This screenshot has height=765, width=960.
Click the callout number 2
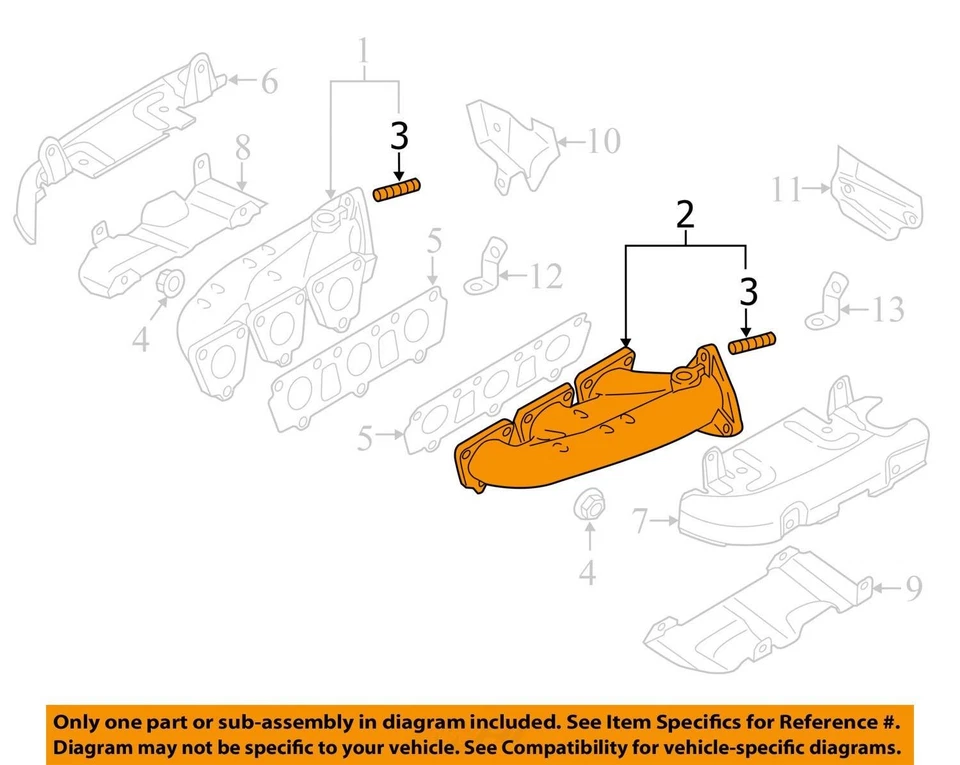(684, 214)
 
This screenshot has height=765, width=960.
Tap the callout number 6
(269, 81)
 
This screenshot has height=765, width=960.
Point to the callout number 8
(242, 149)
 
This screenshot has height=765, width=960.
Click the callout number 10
(604, 141)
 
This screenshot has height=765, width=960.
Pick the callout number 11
(787, 188)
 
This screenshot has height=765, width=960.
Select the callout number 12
(546, 276)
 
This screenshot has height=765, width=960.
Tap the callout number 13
(887, 310)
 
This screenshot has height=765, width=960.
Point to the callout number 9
(913, 590)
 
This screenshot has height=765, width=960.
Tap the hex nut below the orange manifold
(588, 507)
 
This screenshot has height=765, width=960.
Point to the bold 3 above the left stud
(399, 137)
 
